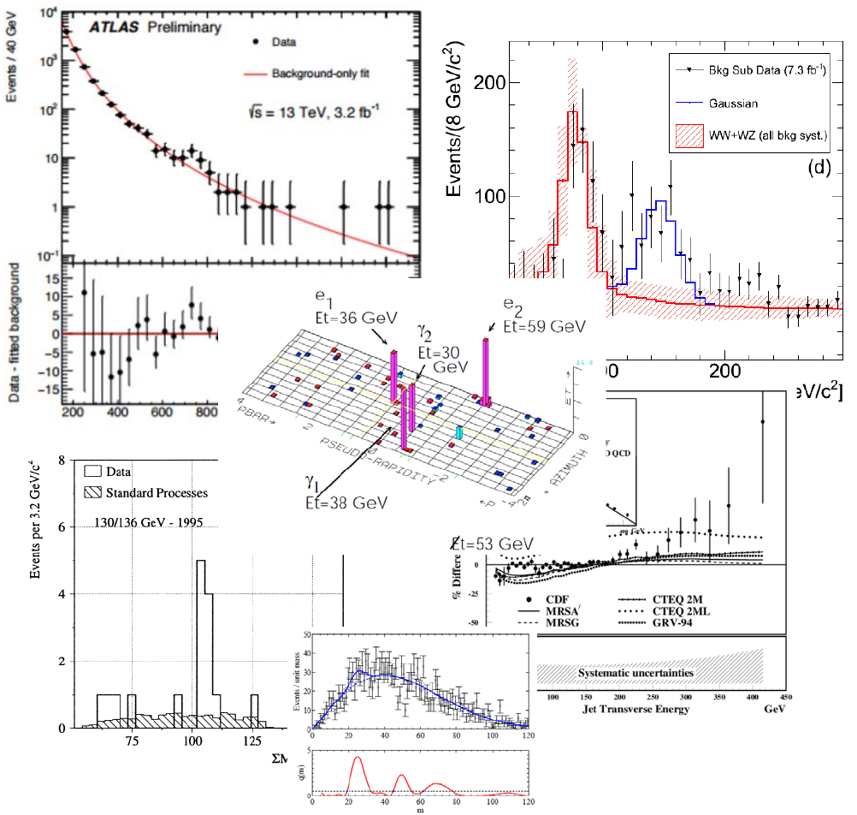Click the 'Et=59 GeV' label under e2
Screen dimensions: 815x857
(x=545, y=327)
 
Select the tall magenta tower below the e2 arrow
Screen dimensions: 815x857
(x=485, y=372)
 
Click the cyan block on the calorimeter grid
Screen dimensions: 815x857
(x=459, y=433)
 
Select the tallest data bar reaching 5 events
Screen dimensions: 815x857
(x=201, y=642)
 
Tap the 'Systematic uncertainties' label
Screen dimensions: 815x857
(x=635, y=673)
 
